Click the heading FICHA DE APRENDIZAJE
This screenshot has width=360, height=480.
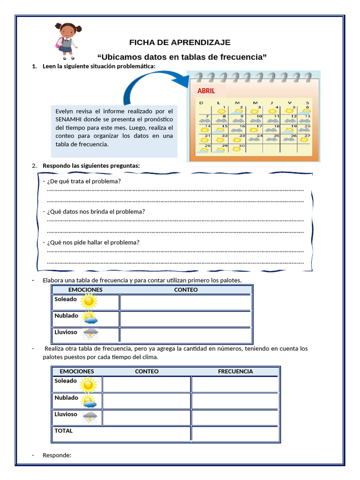[x=180, y=43]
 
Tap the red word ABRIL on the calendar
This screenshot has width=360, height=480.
[x=206, y=91]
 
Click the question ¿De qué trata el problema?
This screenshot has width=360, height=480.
[x=84, y=181]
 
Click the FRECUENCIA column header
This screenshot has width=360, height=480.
[x=235, y=371]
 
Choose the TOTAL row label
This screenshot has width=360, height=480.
[x=64, y=431]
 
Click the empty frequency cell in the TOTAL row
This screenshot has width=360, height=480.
[x=235, y=434]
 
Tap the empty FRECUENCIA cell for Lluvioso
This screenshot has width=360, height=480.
[x=235, y=417]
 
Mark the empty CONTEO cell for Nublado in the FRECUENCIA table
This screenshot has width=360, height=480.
[x=147, y=401]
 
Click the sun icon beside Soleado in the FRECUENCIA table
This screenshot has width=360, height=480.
[x=88, y=384]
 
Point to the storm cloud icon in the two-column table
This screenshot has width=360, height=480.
[x=90, y=334]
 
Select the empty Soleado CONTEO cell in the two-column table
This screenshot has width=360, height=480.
[x=185, y=302]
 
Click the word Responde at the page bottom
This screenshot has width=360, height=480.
[x=57, y=455]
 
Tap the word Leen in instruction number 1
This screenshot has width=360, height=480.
[x=49, y=66]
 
